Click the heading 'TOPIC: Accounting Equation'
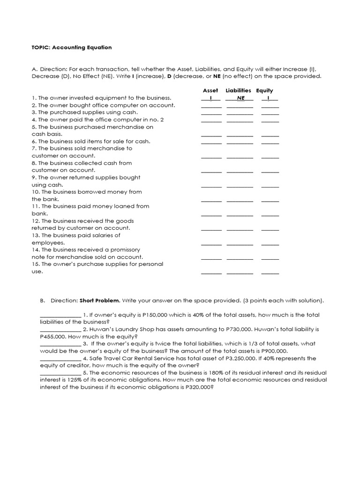pyautogui.click(x=72, y=47)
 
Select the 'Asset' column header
pyautogui.click(x=210, y=90)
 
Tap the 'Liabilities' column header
pyautogui.click(x=238, y=90)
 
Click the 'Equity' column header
pyautogui.click(x=264, y=90)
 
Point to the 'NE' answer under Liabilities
pyautogui.click(x=241, y=98)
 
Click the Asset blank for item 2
pyautogui.click(x=211, y=106)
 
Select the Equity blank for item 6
pyautogui.click(x=270, y=142)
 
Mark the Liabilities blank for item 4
pyautogui.click(x=240, y=121)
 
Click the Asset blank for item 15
pyautogui.click(x=211, y=273)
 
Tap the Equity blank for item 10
pyautogui.click(x=270, y=200)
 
